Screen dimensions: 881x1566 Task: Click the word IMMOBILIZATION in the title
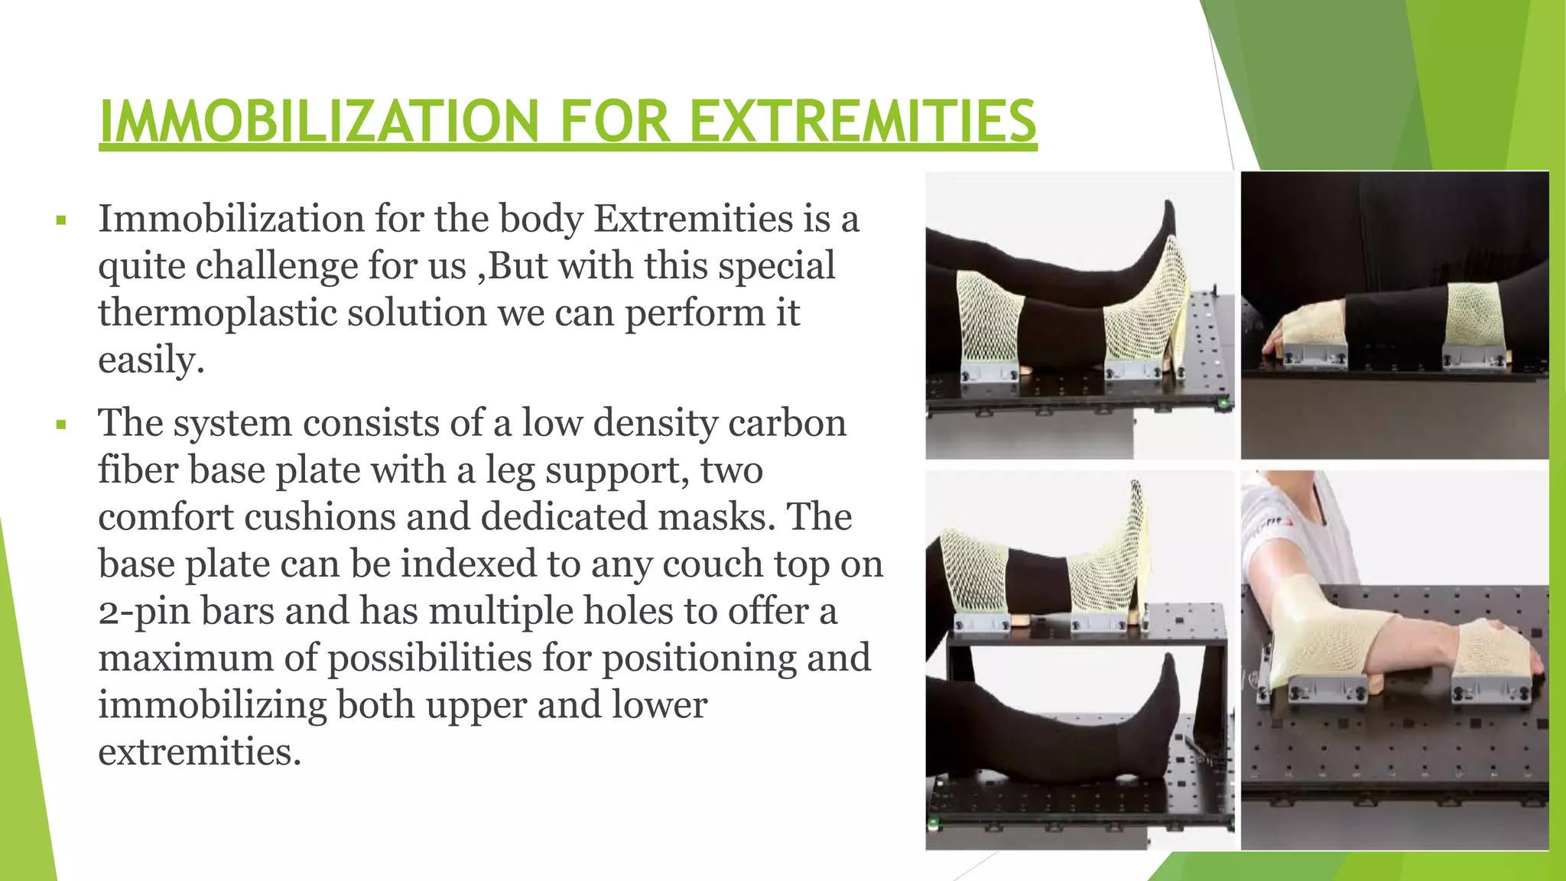coord(319,122)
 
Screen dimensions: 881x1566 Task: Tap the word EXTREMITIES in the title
coord(863,122)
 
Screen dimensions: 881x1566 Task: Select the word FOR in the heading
coord(616,122)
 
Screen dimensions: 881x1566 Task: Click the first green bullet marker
coord(61,222)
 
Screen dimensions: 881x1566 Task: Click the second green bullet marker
coord(61,425)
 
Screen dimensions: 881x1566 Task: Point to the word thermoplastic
coord(216,313)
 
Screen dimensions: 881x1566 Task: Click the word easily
coord(151,359)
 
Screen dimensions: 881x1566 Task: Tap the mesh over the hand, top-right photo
coord(1314,325)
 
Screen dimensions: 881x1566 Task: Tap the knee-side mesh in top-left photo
coord(989,321)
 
